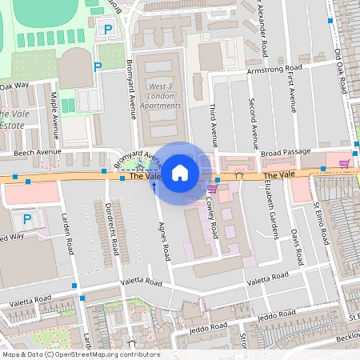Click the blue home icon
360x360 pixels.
pos(180,172)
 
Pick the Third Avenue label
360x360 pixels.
pos(214,123)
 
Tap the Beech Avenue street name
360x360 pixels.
pos(34,152)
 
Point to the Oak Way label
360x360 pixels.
pos(14,85)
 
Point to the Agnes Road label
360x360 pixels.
pos(164,241)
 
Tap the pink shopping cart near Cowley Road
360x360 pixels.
pos(212,189)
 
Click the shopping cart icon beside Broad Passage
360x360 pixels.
pos(344,163)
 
